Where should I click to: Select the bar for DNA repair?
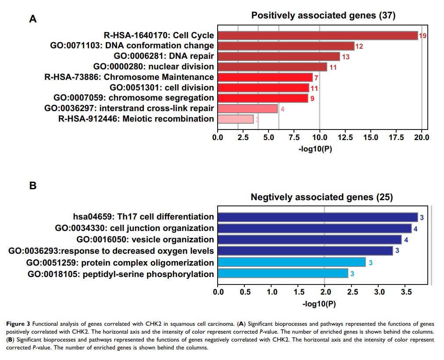[x=279, y=56]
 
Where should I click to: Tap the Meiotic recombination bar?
[x=236, y=119]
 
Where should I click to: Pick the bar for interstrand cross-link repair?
[x=247, y=108]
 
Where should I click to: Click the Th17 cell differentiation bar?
[x=318, y=217]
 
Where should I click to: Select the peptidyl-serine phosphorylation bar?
[x=283, y=274]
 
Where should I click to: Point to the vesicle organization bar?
[x=309, y=240]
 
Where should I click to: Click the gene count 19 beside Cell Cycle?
[x=423, y=36]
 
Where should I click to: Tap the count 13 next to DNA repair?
[x=345, y=57]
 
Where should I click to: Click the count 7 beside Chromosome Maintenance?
[x=316, y=78]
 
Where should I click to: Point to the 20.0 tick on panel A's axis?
[x=422, y=137]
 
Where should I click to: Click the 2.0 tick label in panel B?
[x=325, y=292]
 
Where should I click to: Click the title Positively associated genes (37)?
[x=323, y=15]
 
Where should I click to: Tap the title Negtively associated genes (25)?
[x=322, y=197]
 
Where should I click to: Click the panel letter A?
[x=32, y=19]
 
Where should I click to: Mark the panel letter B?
[x=32, y=186]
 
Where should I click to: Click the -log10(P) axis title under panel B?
[x=319, y=303]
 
